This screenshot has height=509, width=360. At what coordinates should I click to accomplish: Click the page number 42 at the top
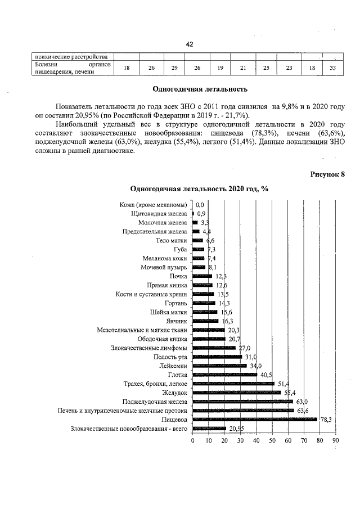click(x=190, y=44)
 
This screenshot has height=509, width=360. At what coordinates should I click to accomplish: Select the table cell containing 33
click(x=332, y=68)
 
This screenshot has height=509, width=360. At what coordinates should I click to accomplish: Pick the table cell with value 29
click(x=174, y=68)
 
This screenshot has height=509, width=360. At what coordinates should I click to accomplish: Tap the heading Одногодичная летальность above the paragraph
click(x=200, y=89)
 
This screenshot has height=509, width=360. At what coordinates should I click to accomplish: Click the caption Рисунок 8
click(x=327, y=174)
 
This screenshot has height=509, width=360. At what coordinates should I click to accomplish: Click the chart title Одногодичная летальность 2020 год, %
click(x=199, y=189)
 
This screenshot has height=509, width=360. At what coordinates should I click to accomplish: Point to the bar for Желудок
click(x=236, y=393)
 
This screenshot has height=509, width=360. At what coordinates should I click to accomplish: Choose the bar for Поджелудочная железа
click(x=242, y=402)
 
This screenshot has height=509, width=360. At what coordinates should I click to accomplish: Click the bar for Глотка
click(x=224, y=375)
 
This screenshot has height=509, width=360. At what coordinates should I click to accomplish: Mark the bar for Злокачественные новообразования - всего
click(x=209, y=429)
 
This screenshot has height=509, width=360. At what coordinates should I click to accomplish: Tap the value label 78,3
click(x=326, y=420)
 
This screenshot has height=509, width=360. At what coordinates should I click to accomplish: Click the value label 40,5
click(x=267, y=375)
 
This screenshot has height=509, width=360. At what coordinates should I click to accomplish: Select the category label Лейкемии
click(x=173, y=366)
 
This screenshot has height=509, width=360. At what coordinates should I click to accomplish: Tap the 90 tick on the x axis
click(x=336, y=441)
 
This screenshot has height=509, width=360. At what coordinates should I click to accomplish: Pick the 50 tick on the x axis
click(x=272, y=441)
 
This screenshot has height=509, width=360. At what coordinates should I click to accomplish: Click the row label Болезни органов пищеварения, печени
click(x=70, y=68)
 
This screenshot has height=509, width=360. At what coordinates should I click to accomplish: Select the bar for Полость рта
click(x=217, y=357)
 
